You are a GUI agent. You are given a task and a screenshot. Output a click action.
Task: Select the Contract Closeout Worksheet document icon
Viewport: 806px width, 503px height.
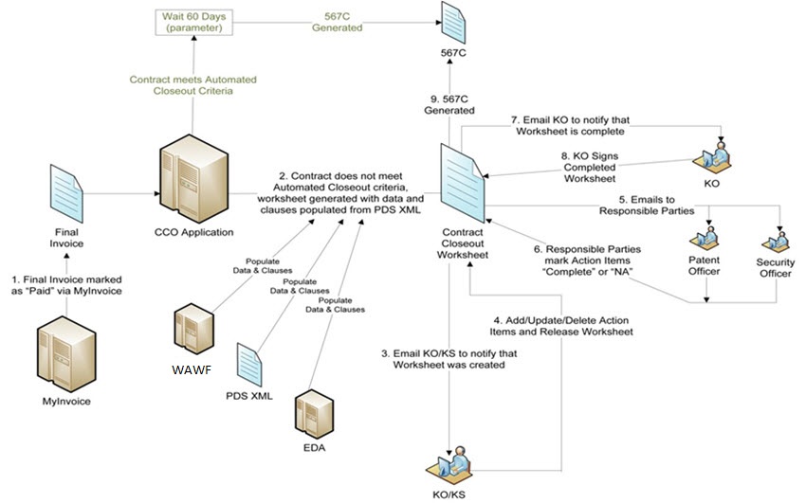pyautogui.click(x=461, y=186)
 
